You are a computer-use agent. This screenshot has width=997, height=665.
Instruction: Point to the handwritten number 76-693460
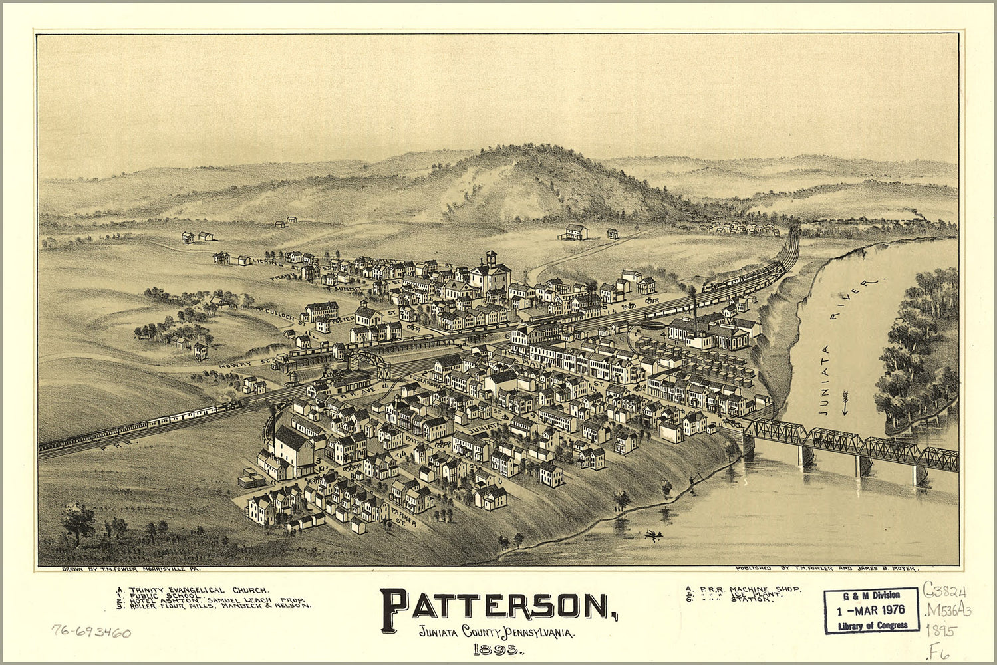pos(91,631)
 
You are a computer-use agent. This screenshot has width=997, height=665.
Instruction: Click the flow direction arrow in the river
pos(845,403)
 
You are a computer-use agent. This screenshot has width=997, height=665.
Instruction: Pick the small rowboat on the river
pos(652,534)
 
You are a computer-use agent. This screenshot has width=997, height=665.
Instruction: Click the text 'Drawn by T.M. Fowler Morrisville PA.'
pos(130,569)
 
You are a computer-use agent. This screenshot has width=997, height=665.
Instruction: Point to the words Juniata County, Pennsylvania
pos(497,632)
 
